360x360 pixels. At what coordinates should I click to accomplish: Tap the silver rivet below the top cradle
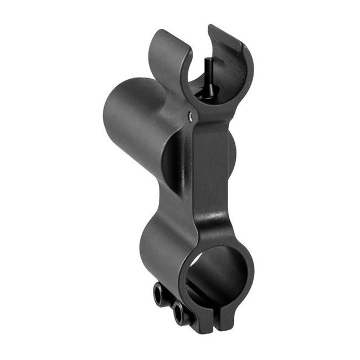tap(191, 116)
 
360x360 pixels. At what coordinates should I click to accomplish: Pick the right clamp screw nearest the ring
tap(179, 315)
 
